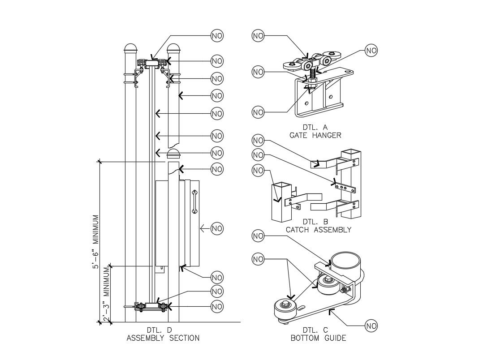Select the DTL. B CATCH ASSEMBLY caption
click(319, 226)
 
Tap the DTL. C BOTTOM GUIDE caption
click(319, 334)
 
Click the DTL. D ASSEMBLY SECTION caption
click(163, 334)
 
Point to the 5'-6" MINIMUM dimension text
click(96, 242)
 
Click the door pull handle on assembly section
click(194, 201)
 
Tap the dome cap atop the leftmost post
click(130, 48)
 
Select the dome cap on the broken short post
click(173, 154)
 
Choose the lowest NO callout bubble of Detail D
click(217, 307)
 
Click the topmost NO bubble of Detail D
click(217, 36)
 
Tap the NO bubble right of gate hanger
click(371, 51)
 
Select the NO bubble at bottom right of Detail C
click(371, 326)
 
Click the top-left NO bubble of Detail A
click(258, 36)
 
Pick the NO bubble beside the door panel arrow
click(217, 228)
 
